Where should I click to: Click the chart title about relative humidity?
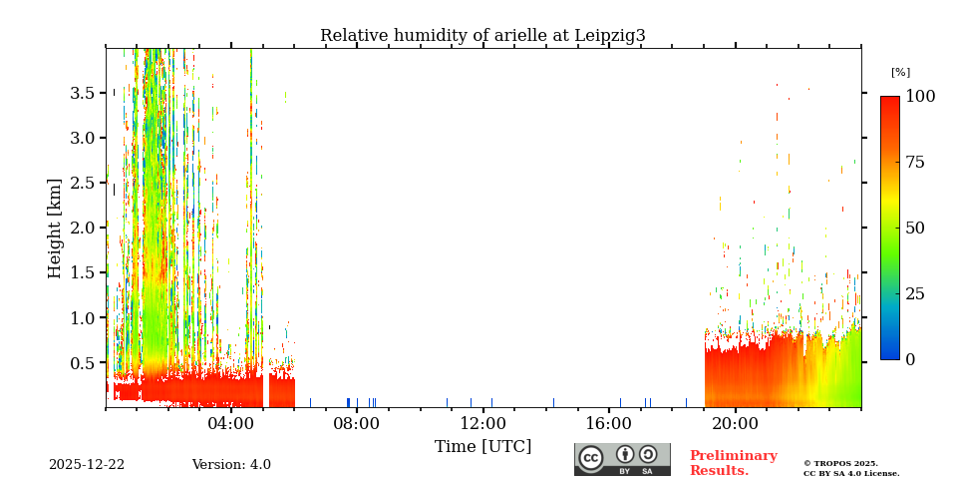click(x=482, y=36)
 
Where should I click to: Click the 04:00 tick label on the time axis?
click(x=231, y=423)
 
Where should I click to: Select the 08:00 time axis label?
click(x=357, y=423)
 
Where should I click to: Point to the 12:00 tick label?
click(x=483, y=423)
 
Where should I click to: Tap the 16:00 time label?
click(x=609, y=423)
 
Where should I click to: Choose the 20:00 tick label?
click(x=736, y=423)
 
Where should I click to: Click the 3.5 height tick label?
click(x=82, y=93)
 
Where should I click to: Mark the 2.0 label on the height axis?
click(x=82, y=228)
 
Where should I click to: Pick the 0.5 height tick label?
click(x=82, y=363)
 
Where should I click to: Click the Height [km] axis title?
click(x=55, y=228)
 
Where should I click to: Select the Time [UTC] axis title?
click(x=482, y=446)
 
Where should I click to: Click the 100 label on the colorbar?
click(x=920, y=97)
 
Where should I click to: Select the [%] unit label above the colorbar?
click(x=900, y=73)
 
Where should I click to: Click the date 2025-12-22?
click(x=87, y=465)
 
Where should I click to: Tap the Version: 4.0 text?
click(x=231, y=465)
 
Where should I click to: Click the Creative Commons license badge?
click(x=622, y=459)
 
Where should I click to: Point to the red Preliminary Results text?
click(x=733, y=463)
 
